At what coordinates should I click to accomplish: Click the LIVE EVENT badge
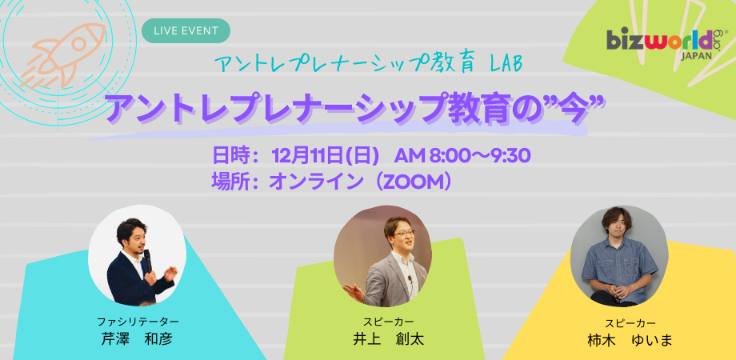pyautogui.click(x=186, y=30)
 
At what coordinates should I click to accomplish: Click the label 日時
pyautogui.click(x=231, y=154)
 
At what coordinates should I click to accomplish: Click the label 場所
pyautogui.click(x=231, y=181)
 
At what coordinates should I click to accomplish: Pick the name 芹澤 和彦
pyautogui.click(x=137, y=338)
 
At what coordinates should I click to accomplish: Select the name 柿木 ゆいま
pyautogui.click(x=630, y=340)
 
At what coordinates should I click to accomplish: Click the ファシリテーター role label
pyautogui.click(x=137, y=321)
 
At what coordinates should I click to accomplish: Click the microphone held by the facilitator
pyautogui.click(x=147, y=258)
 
